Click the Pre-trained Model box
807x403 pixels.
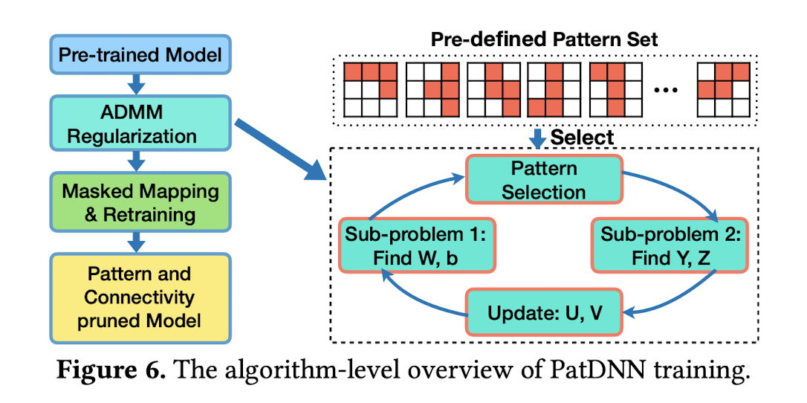click(x=140, y=54)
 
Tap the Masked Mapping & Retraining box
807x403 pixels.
click(x=140, y=201)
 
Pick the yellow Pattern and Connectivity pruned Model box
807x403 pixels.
click(x=140, y=297)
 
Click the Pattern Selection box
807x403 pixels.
click(x=544, y=180)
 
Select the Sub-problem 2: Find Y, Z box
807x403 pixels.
click(x=670, y=245)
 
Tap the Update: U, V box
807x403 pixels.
click(x=544, y=312)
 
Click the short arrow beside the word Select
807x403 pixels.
click(x=538, y=138)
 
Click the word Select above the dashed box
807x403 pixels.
click(x=582, y=138)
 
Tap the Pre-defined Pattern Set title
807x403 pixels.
click(x=544, y=39)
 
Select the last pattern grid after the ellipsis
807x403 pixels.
click(x=723, y=89)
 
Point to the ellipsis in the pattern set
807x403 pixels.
click(x=667, y=91)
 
